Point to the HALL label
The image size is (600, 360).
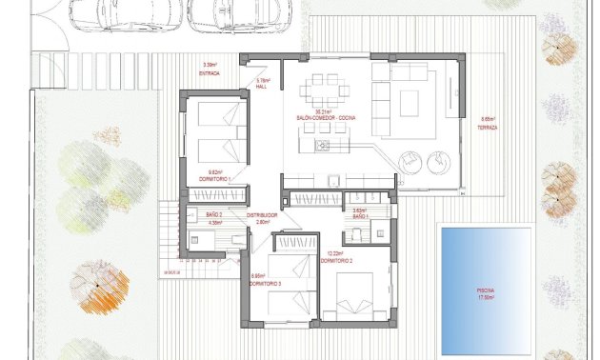coord(263,88)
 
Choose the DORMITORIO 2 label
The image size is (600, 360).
coord(337,260)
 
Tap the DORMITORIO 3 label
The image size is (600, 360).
coord(264,284)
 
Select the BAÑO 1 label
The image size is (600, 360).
coord(360,217)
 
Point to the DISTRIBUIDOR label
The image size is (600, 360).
coord(262,215)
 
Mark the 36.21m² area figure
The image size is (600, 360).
coord(325,111)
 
